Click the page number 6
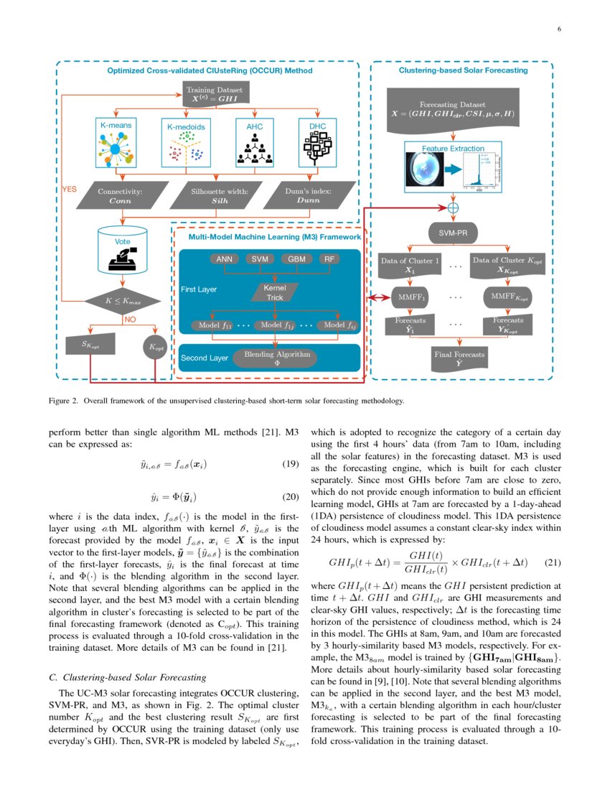(x=558, y=29)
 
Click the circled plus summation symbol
(x=453, y=208)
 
